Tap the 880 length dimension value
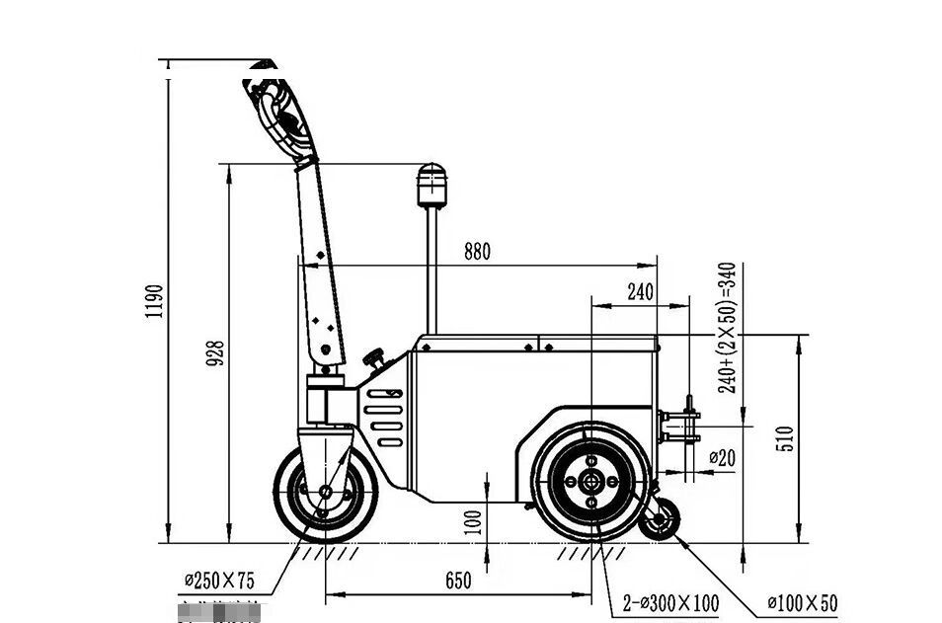point(476,252)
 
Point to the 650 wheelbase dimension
point(458,581)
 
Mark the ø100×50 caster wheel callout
point(802,602)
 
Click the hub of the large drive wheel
point(589,481)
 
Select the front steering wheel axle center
point(325,491)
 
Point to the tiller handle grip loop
point(279,117)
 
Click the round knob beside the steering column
point(374,356)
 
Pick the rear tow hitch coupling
point(682,427)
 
